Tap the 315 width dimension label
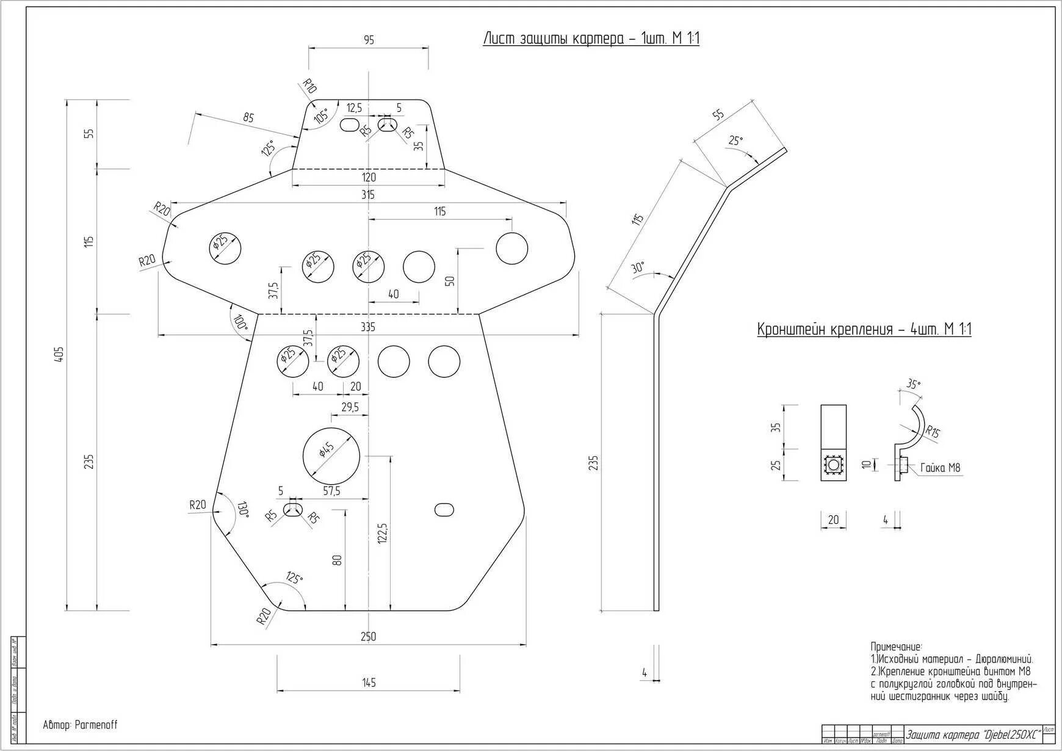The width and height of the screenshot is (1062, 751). (367, 195)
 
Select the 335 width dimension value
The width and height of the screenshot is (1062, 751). (367, 327)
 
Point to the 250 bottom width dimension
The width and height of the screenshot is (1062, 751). (367, 636)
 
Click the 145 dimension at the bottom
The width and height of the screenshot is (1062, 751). (368, 683)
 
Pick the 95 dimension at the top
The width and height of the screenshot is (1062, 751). (369, 40)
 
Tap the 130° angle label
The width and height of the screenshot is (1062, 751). (243, 509)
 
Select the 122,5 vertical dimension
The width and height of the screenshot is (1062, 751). (383, 532)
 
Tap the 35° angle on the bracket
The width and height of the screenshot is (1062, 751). (913, 384)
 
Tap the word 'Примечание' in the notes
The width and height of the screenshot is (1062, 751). (895, 647)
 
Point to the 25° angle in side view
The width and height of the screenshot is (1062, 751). (736, 140)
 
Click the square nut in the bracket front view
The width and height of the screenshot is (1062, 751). (833, 466)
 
